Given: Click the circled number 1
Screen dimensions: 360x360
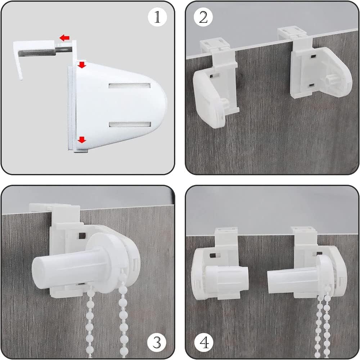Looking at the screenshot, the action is coord(157,17).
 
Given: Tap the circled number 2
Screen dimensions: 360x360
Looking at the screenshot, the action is coord(203,17).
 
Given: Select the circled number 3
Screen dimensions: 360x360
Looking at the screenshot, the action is coord(157,343).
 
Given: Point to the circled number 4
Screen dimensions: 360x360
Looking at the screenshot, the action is coord(204,343).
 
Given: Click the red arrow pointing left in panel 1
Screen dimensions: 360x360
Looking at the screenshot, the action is coord(64,38).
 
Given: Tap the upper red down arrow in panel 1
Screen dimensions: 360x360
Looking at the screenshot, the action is coord(82,65).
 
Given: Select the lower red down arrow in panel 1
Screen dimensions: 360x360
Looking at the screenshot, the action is coord(82,139).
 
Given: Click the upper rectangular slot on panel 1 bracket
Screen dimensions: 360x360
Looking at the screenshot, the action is coord(130,86).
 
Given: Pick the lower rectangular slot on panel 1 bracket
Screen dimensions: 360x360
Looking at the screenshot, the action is coord(130,125).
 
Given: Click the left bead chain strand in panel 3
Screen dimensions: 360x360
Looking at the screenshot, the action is coord(90,321).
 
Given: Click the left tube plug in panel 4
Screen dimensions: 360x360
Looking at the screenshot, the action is coord(227,278).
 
